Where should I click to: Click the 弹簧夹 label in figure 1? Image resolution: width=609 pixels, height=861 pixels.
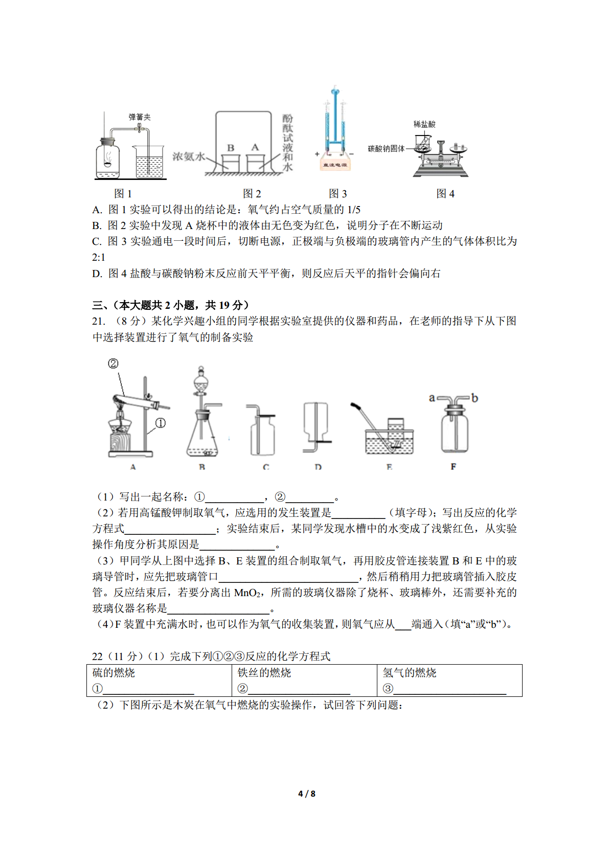point(140,117)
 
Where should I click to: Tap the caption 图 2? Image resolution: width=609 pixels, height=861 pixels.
point(252,194)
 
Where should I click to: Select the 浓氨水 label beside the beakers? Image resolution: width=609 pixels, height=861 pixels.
point(188,156)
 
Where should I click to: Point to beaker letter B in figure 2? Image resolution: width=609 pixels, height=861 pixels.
point(231,148)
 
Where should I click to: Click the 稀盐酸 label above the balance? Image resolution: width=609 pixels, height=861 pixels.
point(424,124)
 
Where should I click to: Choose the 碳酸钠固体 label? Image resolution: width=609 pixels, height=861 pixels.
point(386,149)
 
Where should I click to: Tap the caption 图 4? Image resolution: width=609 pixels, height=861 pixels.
point(445,194)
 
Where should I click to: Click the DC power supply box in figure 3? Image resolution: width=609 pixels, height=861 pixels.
point(334,165)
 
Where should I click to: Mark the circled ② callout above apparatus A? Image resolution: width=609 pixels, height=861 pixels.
point(113,364)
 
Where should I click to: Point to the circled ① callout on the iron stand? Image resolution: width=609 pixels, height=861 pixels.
point(161,423)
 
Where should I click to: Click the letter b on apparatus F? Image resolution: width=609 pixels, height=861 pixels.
point(475,398)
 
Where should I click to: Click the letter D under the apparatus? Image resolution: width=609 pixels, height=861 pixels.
point(318,467)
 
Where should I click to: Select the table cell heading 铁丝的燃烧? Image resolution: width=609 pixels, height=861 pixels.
point(264,673)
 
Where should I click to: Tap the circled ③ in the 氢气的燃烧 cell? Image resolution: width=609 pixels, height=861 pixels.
point(388,689)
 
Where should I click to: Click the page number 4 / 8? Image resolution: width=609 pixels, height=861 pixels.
point(307,794)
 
